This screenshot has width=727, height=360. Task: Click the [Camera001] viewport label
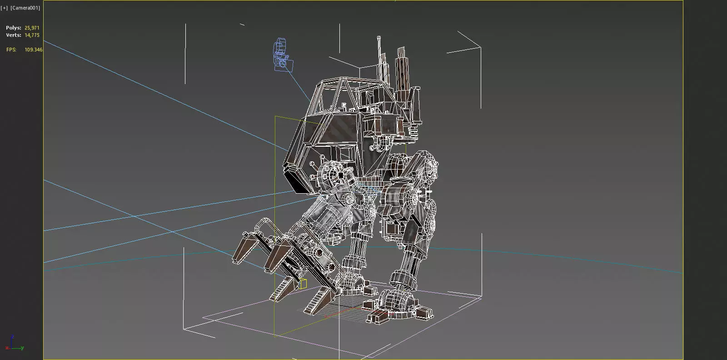(x=25, y=8)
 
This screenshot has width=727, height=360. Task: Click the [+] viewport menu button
(x=5, y=8)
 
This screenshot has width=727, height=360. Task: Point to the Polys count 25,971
(x=32, y=28)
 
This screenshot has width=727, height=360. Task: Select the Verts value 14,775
(x=32, y=35)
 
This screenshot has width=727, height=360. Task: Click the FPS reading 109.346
(x=33, y=50)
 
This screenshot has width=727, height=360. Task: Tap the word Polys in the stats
(x=13, y=28)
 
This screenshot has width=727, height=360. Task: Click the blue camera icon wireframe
(x=282, y=56)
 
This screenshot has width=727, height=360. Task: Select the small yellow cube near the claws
(x=303, y=284)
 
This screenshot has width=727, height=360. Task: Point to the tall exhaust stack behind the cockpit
(x=401, y=73)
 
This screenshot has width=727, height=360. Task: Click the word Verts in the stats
(x=13, y=35)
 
